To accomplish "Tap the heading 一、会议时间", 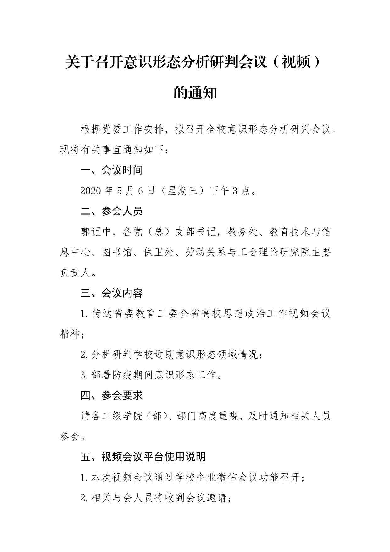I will [112, 170].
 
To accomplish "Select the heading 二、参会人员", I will [112, 211].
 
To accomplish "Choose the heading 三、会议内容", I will [112, 293].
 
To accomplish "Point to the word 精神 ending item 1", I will [70, 334].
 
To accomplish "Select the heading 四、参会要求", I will [112, 396].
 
